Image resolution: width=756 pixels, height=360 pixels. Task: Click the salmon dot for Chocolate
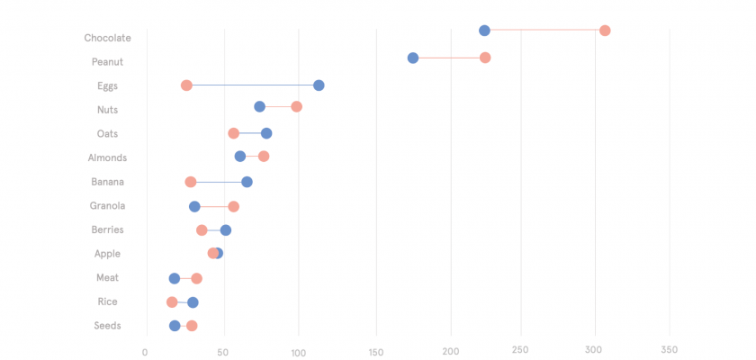coord(605,31)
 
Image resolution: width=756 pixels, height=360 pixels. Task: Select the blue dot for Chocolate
coord(484,31)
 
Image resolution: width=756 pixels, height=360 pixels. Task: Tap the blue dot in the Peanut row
coord(413,58)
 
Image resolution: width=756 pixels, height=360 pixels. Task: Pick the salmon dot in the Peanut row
coord(485,58)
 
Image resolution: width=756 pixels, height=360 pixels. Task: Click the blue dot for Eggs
coord(319,85)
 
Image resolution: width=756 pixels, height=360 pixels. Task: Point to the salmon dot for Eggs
coord(186,85)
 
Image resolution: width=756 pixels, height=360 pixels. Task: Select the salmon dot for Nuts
coord(296,106)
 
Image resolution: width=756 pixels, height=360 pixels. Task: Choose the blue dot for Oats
coord(266,133)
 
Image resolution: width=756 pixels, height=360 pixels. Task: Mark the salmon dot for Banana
coord(191,182)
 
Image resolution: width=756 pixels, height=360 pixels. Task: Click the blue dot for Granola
coord(194,206)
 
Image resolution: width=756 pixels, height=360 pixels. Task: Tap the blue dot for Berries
coord(226,230)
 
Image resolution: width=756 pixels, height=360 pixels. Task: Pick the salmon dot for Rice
coord(172,302)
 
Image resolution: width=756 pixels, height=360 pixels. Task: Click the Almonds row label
coord(107,157)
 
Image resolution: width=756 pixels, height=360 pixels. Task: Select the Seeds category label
coord(107,326)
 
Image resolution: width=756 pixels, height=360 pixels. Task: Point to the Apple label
coord(107,254)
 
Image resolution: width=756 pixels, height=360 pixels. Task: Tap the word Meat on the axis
coord(107,278)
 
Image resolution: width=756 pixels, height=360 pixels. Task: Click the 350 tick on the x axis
coord(669,350)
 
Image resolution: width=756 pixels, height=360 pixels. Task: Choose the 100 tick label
coord(298,350)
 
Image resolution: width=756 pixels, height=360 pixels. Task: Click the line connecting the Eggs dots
coord(252,85)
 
